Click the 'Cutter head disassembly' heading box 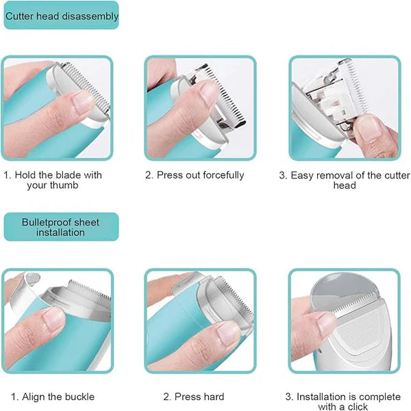[x=62, y=16]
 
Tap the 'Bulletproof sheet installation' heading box [x=62, y=227]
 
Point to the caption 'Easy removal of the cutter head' [x=344, y=180]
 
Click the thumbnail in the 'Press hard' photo [x=226, y=333]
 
